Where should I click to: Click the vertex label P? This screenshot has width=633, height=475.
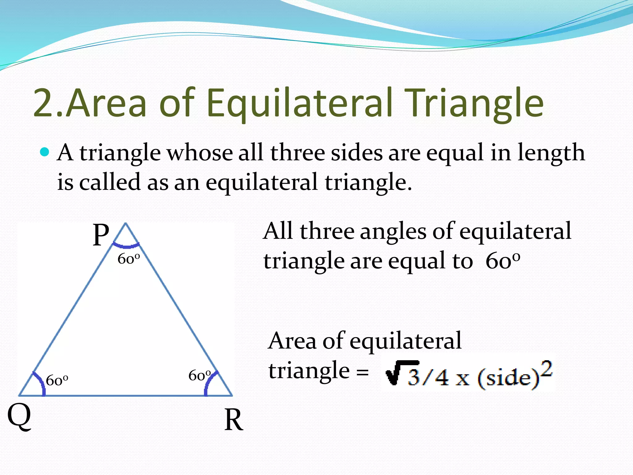click(x=101, y=235)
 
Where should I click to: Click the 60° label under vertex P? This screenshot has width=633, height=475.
click(x=129, y=259)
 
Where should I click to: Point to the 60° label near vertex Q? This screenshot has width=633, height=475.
click(x=57, y=380)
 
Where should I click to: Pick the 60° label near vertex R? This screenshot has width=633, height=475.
click(x=200, y=376)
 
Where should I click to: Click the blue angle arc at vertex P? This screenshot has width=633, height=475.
click(x=126, y=246)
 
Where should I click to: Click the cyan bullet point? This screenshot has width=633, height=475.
click(x=45, y=152)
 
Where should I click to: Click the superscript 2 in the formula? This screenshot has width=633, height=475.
click(x=546, y=369)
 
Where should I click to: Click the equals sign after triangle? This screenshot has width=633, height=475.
click(x=362, y=372)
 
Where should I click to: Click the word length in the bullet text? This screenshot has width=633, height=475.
click(x=551, y=153)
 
